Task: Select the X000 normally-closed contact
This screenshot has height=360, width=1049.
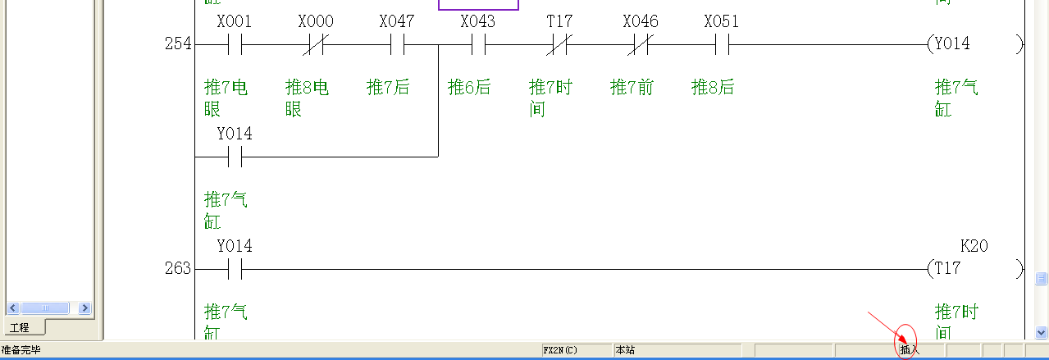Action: pos(315,44)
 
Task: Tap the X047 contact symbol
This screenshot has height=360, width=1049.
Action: pos(397,44)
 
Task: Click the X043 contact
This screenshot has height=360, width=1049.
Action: pos(478,44)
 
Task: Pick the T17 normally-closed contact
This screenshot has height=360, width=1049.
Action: pos(559,44)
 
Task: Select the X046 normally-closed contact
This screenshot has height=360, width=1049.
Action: pos(641,44)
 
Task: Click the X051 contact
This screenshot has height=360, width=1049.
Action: pos(722,44)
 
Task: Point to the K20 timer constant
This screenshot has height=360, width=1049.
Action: pos(974,246)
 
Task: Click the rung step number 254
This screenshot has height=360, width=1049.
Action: pos(177,44)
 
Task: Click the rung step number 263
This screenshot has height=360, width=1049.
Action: pos(177,268)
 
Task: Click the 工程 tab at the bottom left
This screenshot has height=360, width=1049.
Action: pos(19,328)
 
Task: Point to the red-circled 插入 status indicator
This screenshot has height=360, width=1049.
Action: pos(910,350)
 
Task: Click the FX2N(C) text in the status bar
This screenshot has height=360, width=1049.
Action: pos(561,350)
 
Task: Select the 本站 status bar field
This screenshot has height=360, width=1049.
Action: pos(625,350)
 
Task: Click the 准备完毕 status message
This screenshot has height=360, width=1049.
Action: pos(21,350)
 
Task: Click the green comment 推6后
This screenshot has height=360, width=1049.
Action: pos(469,88)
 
